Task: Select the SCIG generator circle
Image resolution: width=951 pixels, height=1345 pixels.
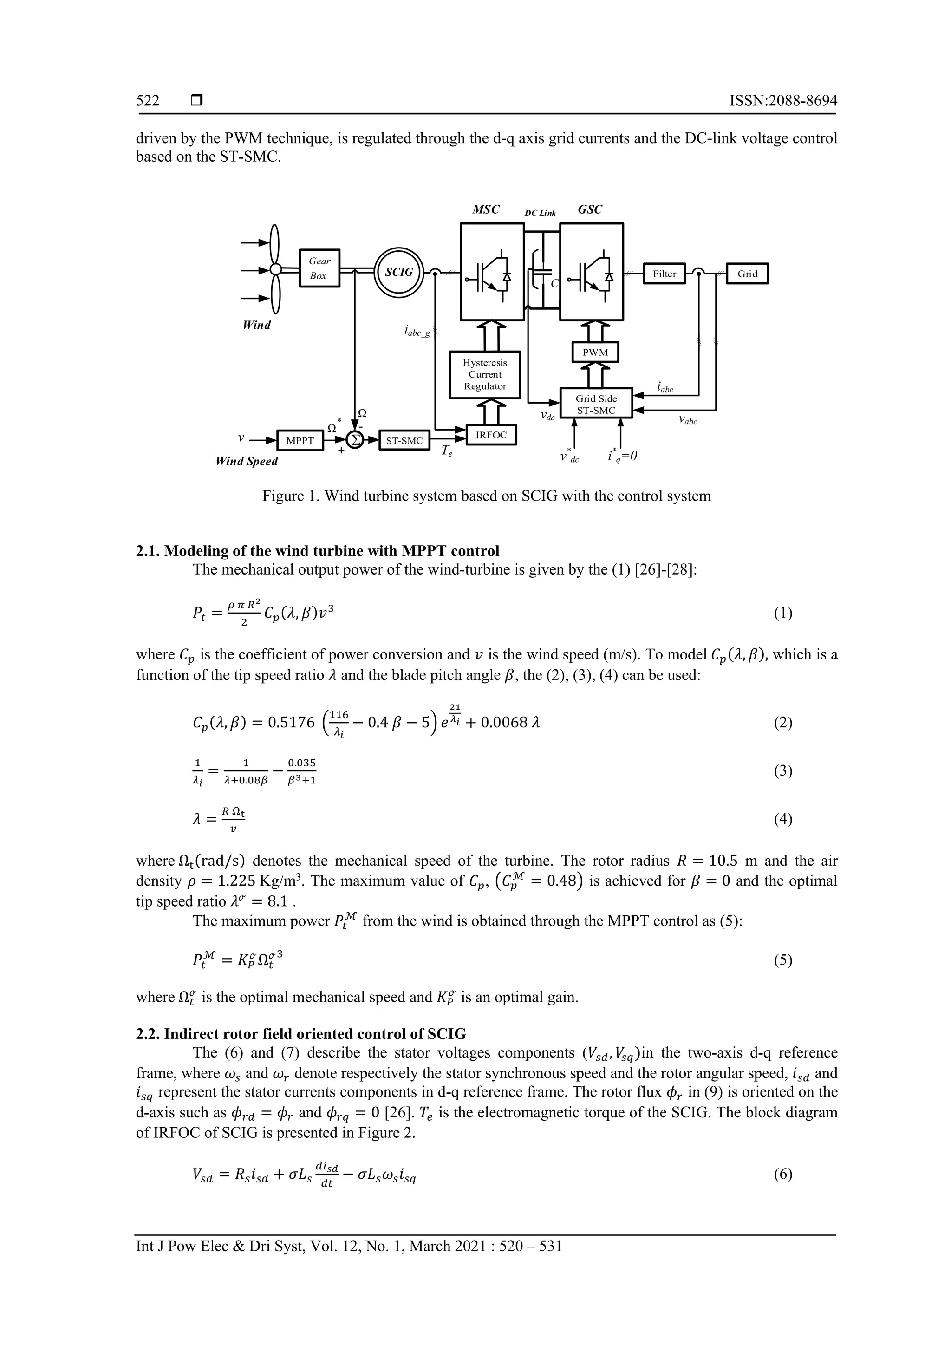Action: pyautogui.click(x=399, y=273)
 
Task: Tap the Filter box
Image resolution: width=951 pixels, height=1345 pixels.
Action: pyautogui.click(x=664, y=274)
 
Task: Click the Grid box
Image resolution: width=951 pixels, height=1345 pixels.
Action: pyautogui.click(x=747, y=274)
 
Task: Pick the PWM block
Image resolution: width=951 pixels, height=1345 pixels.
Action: pyautogui.click(x=595, y=352)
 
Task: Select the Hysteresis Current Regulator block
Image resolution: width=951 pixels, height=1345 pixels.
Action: pyautogui.click(x=485, y=374)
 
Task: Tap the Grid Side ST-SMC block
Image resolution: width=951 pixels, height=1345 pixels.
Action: pyautogui.click(x=596, y=404)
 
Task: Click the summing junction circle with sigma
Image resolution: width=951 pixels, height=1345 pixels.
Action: pyautogui.click(x=354, y=440)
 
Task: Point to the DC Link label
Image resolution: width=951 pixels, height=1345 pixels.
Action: pyautogui.click(x=540, y=213)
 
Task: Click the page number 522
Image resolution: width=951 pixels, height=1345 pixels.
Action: pyautogui.click(x=148, y=101)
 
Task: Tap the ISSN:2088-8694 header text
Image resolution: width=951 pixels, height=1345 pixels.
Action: pyautogui.click(x=783, y=101)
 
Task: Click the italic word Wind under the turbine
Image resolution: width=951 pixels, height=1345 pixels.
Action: pyautogui.click(x=257, y=325)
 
